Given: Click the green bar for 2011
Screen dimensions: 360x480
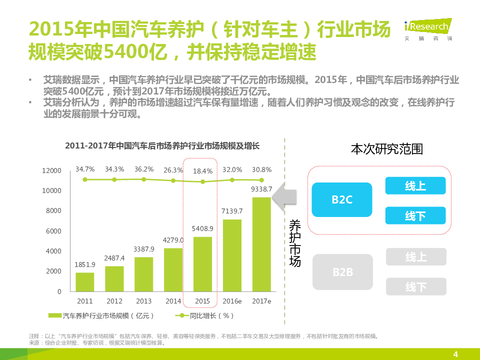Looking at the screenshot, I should coord(85,282).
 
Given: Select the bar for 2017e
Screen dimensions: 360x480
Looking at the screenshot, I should coord(261,244).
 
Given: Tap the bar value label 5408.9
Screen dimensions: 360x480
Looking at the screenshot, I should coord(202,228).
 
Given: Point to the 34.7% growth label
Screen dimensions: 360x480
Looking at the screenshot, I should coord(85,169).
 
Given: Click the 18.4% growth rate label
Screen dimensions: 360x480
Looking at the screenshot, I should coord(202,171).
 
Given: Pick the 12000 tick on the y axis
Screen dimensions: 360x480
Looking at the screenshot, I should coord(51,171).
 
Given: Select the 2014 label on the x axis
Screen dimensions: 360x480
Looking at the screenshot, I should coord(173,301).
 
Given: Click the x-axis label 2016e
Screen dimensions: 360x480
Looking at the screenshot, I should coord(232,301).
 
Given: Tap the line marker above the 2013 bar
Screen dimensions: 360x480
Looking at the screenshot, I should coord(144,179).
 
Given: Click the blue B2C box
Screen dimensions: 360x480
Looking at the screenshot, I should coord(342,199).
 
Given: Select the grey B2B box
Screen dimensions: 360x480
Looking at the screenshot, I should coord(342,272).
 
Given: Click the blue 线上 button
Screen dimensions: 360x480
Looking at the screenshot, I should coord(415,186).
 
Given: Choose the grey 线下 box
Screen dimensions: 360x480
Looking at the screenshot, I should coord(415,287).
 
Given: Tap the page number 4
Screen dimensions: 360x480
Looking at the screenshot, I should coord(455,354).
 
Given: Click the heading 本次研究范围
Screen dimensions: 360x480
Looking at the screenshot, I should coord(386,149).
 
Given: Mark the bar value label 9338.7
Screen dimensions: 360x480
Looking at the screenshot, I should coord(261,189).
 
